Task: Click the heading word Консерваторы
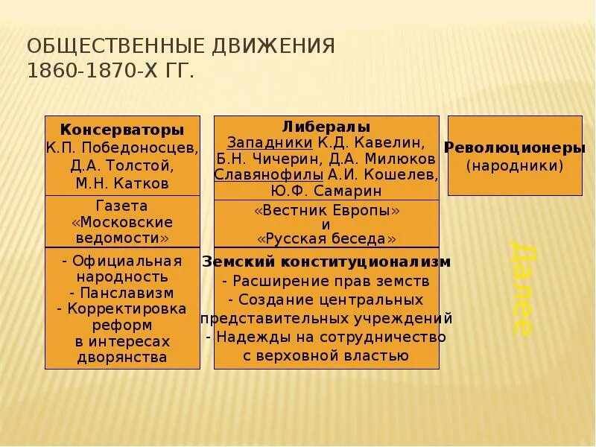(122, 130)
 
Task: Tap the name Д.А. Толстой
(122, 165)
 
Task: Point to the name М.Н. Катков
(122, 183)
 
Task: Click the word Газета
(122, 206)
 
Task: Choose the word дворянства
(122, 358)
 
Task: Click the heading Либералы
(326, 127)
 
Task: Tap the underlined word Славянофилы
(269, 174)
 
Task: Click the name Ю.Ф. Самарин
(326, 191)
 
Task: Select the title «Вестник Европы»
(326, 211)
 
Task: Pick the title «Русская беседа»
(326, 239)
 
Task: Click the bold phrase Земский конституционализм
(326, 262)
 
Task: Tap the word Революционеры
(515, 148)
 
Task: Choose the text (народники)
(515, 165)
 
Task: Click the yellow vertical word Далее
(521, 288)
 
